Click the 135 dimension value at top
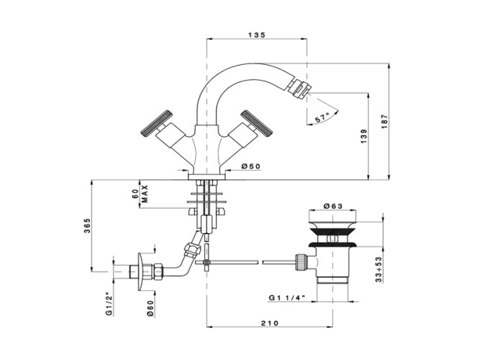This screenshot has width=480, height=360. (258, 34)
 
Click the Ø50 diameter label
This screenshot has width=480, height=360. (250, 167)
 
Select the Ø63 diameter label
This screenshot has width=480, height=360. (334, 206)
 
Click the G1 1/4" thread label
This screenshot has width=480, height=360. (289, 297)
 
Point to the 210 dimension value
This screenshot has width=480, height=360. (270, 324)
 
